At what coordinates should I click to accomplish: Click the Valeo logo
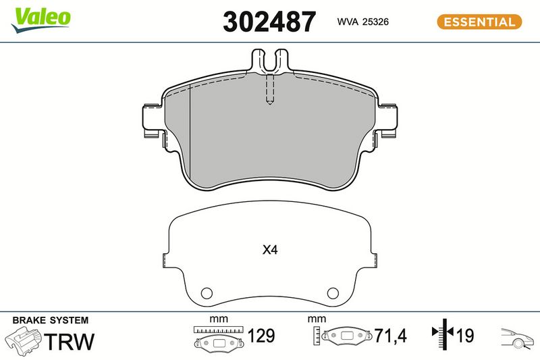tap(41, 20)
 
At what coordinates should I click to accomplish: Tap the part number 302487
tap(269, 22)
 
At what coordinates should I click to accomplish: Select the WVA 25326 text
tap(362, 22)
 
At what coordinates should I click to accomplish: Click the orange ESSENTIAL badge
tap(479, 22)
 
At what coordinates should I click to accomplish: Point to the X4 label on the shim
tap(269, 250)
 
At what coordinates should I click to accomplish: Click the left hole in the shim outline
tap(207, 293)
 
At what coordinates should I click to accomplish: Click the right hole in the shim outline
tap(333, 293)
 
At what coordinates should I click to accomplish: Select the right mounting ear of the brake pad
tap(387, 121)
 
